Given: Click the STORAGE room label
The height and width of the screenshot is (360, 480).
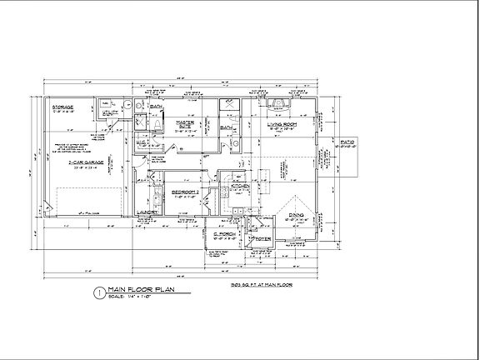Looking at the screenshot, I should pos(63,107).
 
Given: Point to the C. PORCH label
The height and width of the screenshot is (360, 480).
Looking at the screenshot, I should pos(222,234).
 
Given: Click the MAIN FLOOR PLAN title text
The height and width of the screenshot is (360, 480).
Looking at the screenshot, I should pos(143,290).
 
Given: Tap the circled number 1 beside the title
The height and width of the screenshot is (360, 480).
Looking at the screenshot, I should pos(101,292).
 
